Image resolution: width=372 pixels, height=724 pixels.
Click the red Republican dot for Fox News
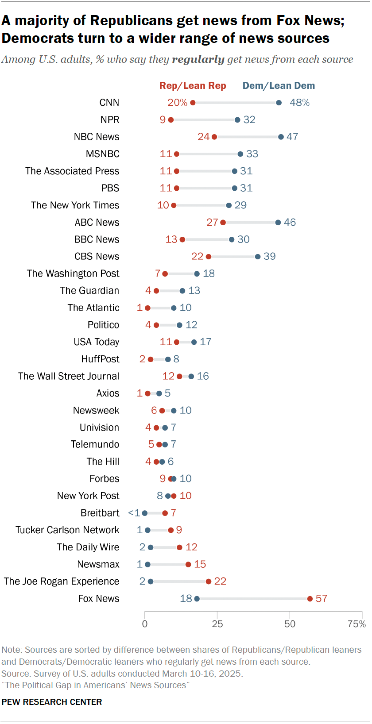(x=310, y=599)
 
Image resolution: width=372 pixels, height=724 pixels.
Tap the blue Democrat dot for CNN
(x=279, y=103)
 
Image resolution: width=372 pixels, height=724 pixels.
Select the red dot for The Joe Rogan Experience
(x=209, y=582)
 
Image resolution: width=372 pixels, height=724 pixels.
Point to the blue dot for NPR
(x=237, y=120)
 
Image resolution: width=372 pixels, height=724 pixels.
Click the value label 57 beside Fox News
(x=322, y=599)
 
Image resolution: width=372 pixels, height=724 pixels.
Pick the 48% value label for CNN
(x=300, y=103)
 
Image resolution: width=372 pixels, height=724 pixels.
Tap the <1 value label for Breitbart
(x=134, y=513)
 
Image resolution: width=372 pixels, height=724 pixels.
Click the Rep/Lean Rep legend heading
(x=193, y=86)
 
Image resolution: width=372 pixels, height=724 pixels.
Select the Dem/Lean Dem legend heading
(x=279, y=86)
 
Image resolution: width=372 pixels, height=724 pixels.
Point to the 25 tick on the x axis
(x=217, y=624)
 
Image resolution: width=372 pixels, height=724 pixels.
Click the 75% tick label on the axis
(x=357, y=624)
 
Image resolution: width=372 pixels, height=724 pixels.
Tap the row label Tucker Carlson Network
(x=67, y=530)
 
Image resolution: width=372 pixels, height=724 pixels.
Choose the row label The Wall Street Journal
(x=69, y=376)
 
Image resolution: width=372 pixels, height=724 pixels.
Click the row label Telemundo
(x=95, y=444)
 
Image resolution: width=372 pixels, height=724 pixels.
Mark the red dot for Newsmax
(x=188, y=564)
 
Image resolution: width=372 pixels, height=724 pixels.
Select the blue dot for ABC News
(x=278, y=223)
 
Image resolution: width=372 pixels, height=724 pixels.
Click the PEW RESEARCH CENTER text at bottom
(x=52, y=702)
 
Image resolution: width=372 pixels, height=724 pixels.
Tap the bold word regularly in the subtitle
(x=198, y=60)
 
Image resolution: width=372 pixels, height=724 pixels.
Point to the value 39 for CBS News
(x=270, y=257)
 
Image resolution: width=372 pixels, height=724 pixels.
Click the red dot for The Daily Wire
(x=179, y=547)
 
